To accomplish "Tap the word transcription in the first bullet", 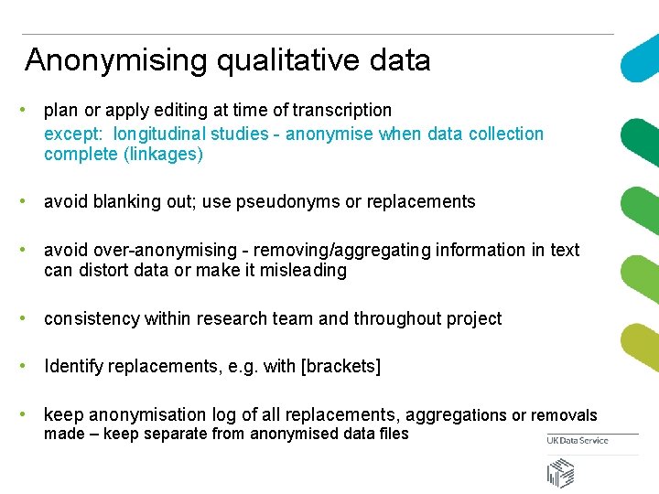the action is click(x=342, y=111).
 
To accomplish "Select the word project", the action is click(x=474, y=319).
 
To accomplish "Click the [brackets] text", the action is click(x=340, y=367).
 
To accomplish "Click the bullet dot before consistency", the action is click(x=32, y=318).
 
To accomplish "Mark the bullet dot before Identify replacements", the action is click(x=32, y=366).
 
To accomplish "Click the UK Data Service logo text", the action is click(x=578, y=441).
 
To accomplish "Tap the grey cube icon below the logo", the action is click(x=561, y=473).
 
